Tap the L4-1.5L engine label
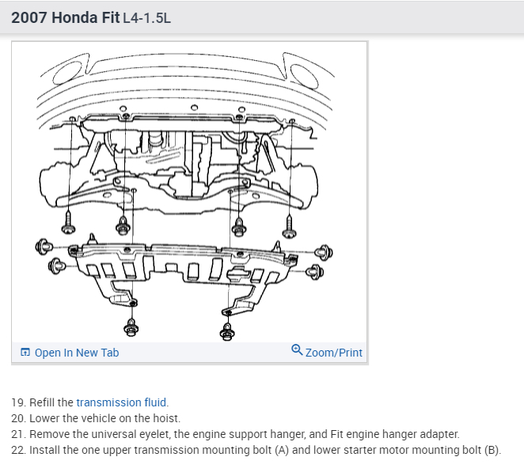tap(147, 18)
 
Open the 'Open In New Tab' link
tap(77, 353)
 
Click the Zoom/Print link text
tap(333, 353)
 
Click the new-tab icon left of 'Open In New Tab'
tap(25, 353)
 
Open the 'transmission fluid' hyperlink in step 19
tap(121, 402)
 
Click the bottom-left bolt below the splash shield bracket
tap(131, 327)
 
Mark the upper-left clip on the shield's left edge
tap(44, 247)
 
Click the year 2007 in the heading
tap(28, 17)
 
